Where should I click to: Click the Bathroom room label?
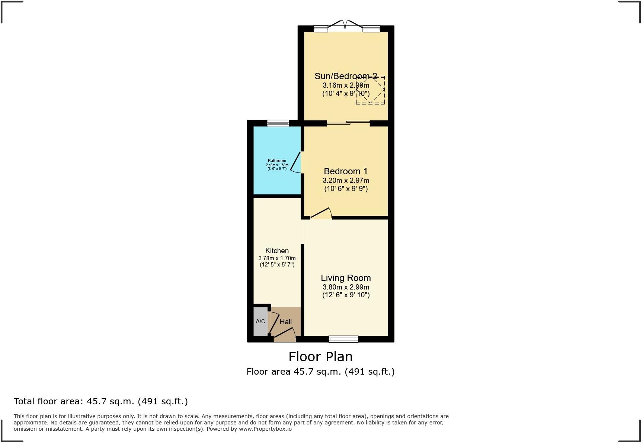[x=277, y=161]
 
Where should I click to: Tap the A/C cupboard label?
[x=260, y=321]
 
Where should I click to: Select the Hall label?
[x=285, y=322]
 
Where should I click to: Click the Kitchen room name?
[x=277, y=250]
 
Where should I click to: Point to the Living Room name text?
[x=346, y=278]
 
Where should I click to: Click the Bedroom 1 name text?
[x=346, y=171]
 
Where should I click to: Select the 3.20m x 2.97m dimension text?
[x=346, y=181]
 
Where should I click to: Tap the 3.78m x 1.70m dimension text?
[x=277, y=258]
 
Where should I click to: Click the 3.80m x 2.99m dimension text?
[x=346, y=287]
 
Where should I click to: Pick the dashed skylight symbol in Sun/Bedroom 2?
[x=370, y=90]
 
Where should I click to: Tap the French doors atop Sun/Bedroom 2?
[x=345, y=25]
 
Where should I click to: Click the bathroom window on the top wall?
[x=278, y=123]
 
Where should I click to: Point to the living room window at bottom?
[x=343, y=339]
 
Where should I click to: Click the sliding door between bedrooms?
[x=348, y=123]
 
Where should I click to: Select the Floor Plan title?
[x=320, y=357]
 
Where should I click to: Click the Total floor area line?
[x=100, y=401]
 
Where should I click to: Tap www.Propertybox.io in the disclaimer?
[x=265, y=429]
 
